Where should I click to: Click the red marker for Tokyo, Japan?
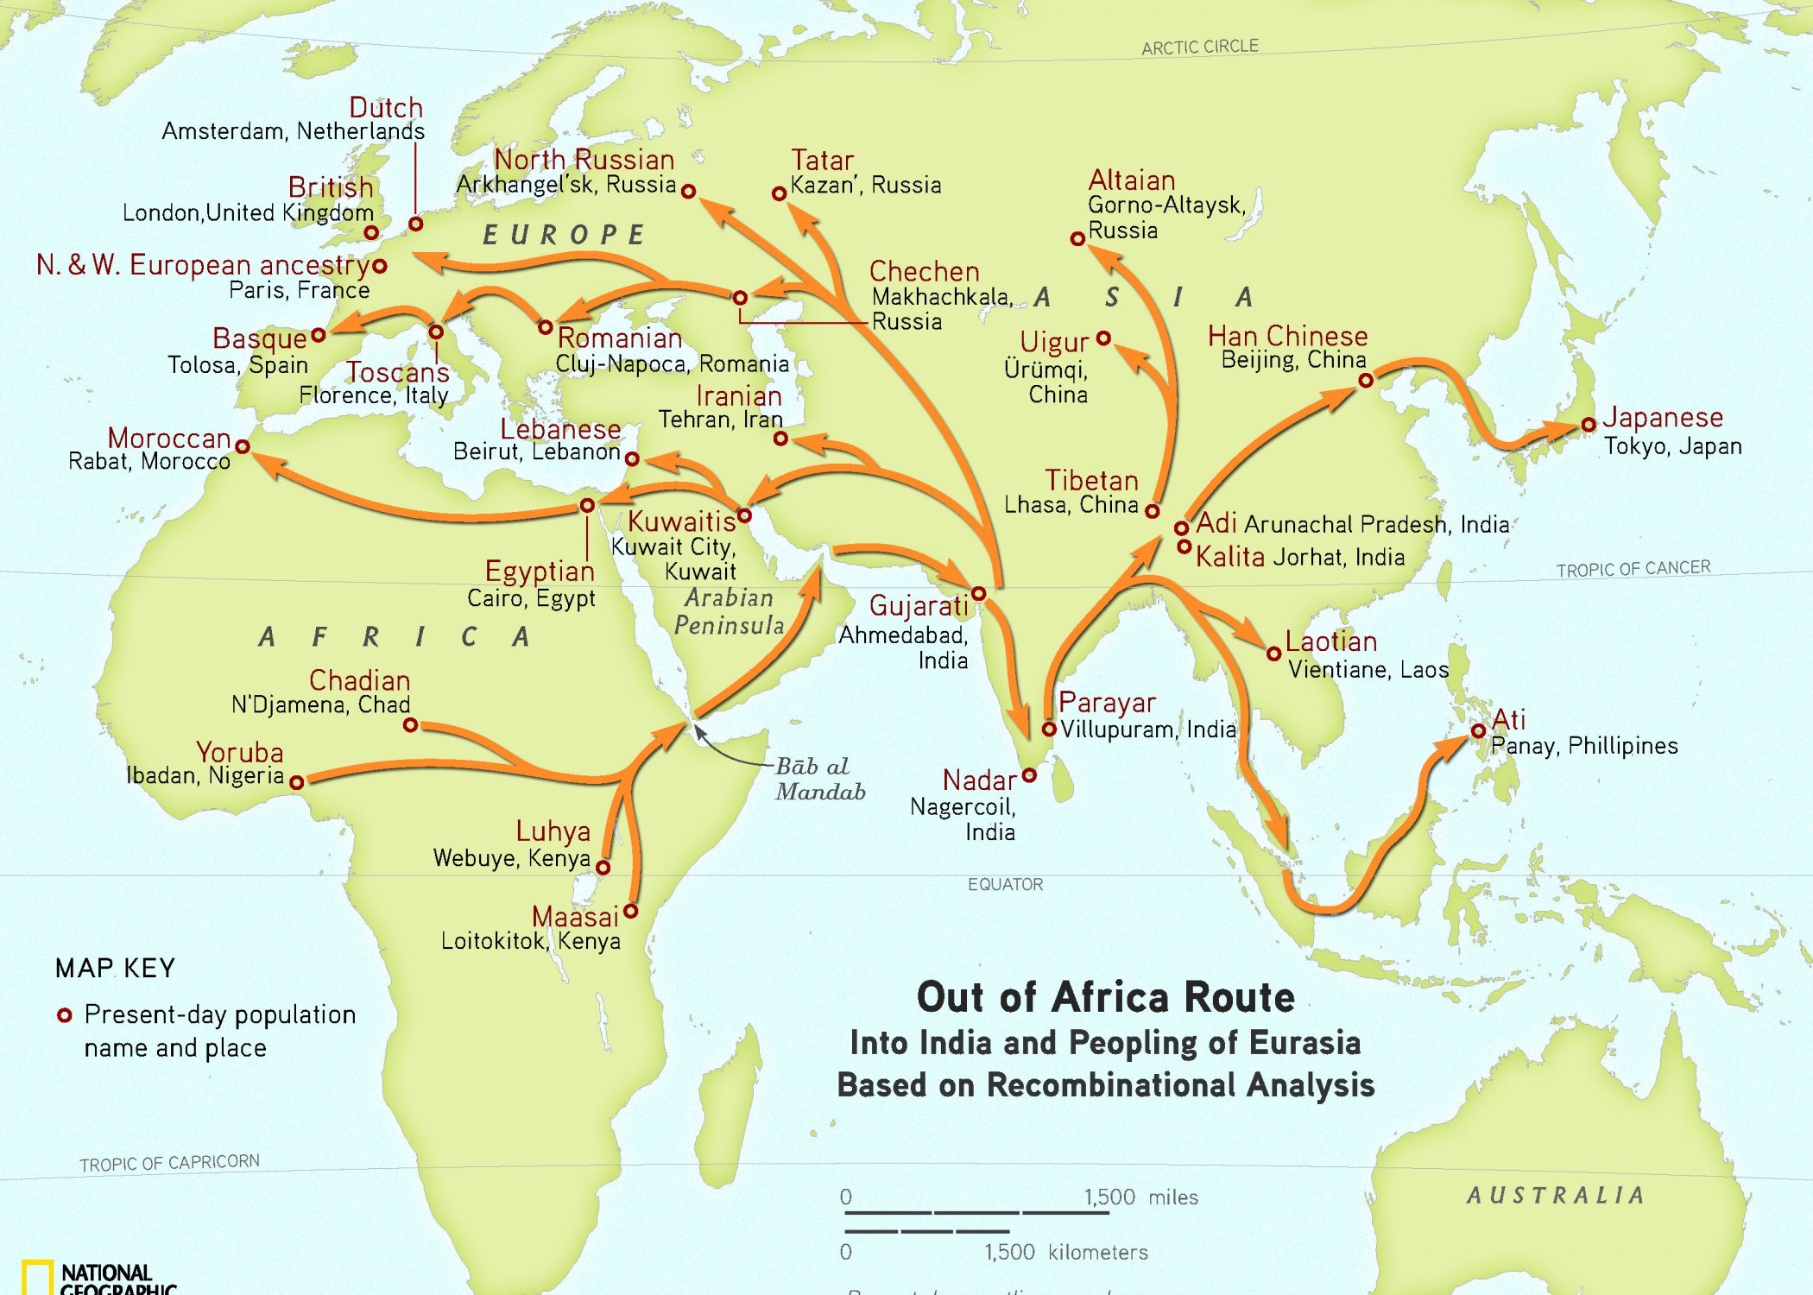[1589, 425]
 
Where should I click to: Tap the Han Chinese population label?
[1287, 336]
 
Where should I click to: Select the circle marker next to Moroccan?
[243, 446]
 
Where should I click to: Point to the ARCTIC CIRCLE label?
[1199, 47]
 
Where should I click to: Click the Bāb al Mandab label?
[818, 779]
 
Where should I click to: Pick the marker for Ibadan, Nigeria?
[296, 782]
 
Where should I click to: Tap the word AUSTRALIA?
[1556, 1195]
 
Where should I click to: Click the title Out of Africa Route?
[1105, 998]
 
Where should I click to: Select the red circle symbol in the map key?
[64, 1015]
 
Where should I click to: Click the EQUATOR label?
[1005, 884]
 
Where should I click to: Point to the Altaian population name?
[1131, 180]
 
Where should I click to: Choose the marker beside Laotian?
[1273, 654]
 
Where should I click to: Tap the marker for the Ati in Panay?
[1478, 731]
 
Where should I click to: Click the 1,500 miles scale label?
[1140, 1197]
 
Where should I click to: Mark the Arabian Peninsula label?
[729, 611]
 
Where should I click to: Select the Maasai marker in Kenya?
[631, 911]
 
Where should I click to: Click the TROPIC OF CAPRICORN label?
[169, 1163]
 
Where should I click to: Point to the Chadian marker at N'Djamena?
[411, 725]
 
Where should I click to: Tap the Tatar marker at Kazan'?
[779, 193]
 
